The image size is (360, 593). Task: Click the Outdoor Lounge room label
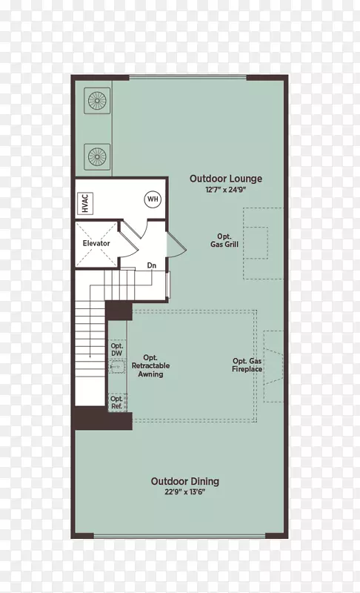click(225, 179)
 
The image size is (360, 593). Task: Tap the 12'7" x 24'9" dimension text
click(225, 190)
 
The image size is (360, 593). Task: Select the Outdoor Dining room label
click(185, 481)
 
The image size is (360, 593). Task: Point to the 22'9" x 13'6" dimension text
click(184, 492)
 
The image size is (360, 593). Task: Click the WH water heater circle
click(153, 199)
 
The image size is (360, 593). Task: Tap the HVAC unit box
click(85, 203)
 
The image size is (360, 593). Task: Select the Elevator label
click(96, 243)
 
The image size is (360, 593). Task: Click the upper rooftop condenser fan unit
click(97, 101)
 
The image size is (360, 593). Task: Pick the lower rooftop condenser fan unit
click(97, 156)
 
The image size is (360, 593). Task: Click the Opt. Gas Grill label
click(224, 240)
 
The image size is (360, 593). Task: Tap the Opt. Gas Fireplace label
click(247, 365)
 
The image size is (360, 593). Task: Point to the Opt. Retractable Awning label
click(150, 365)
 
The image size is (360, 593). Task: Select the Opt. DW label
click(117, 349)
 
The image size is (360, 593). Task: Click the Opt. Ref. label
click(117, 402)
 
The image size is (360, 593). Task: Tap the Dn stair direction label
click(151, 265)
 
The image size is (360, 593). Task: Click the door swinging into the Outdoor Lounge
click(176, 245)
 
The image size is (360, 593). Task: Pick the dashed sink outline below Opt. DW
click(117, 366)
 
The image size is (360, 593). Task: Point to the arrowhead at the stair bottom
click(90, 356)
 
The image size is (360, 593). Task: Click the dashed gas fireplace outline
click(273, 366)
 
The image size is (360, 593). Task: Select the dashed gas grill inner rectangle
click(256, 243)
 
